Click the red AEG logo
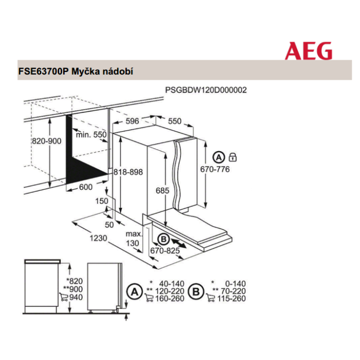pos(309,51)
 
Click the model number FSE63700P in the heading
pos(43,71)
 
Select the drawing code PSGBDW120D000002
pos(206,90)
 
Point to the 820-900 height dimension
pos(47,141)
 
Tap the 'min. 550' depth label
pos(92,135)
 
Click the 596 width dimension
pos(132,121)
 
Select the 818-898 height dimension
pos(128,172)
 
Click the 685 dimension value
pos(163,190)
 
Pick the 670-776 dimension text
pos(215,169)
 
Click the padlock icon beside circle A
pos(233,157)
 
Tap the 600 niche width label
pos(86,187)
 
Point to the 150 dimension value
pos(102,201)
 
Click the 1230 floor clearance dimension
pos(98,238)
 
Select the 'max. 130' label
pos(134,239)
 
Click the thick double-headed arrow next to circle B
pos(178,243)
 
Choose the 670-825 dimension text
pos(165,250)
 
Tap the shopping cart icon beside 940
pos(64,297)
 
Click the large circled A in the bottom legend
pos(135,292)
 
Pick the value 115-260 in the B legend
pos(231,298)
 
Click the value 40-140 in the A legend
pos(172,284)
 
